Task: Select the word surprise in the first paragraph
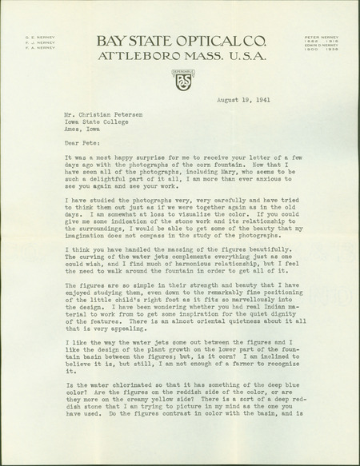click(138, 157)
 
